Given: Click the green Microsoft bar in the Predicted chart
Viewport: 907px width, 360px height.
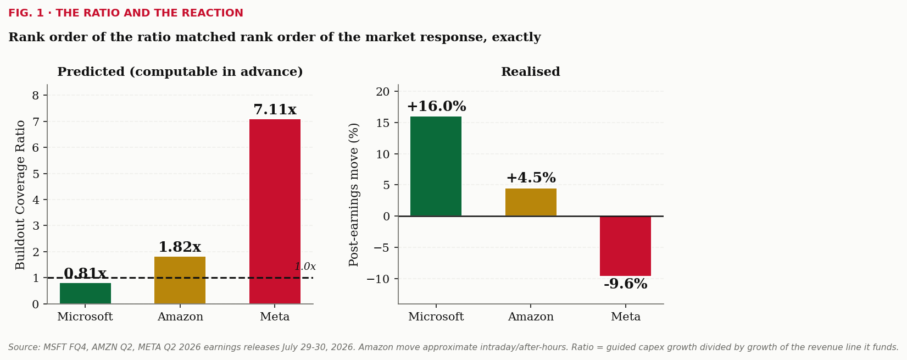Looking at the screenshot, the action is click(86, 293).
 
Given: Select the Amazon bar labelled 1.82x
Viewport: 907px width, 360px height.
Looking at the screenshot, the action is click(180, 280).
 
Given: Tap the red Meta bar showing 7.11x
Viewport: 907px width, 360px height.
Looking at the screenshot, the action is click(275, 212).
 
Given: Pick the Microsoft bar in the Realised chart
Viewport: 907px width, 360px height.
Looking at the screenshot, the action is click(436, 167).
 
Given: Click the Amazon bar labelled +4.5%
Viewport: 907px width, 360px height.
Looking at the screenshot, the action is click(531, 202).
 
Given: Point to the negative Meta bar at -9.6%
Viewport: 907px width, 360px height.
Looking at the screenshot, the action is click(626, 246).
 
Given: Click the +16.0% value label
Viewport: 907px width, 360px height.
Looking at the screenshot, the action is click(437, 107).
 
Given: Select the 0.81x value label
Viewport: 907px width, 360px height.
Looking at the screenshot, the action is click(85, 273).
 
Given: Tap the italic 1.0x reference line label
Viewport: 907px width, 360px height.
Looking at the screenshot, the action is click(305, 267).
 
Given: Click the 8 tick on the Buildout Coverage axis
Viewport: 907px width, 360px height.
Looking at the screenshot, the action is click(36, 96).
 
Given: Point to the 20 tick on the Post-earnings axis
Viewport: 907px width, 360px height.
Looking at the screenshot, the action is click(383, 92).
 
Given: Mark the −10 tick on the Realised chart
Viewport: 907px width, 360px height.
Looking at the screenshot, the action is click(378, 279).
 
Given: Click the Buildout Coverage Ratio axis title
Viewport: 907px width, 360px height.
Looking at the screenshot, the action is click(20, 195).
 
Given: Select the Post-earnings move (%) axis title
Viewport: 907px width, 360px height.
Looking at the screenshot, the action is click(353, 195).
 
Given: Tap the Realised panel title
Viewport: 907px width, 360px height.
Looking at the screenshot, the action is click(531, 71).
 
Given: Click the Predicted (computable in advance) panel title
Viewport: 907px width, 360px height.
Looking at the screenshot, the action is click(180, 71).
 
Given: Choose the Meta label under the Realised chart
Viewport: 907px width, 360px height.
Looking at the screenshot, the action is click(626, 317).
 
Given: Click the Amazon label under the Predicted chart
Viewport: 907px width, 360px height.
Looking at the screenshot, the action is click(180, 317).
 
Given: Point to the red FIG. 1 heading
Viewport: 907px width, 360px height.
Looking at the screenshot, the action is click(126, 13).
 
